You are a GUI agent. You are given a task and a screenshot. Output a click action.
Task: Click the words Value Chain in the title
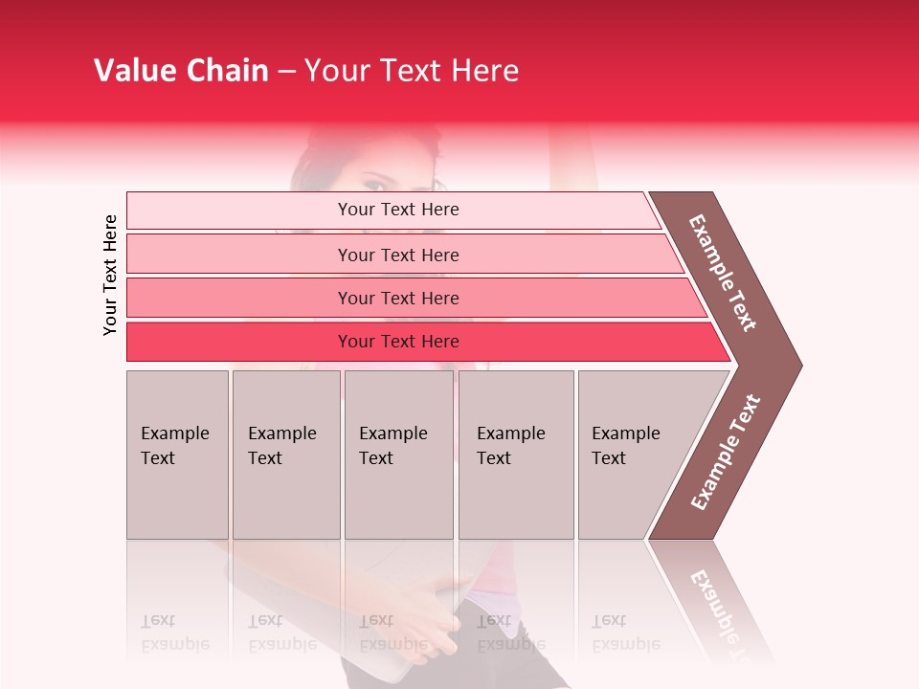click(x=181, y=71)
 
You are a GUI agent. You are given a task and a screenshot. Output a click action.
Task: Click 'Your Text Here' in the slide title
click(x=412, y=71)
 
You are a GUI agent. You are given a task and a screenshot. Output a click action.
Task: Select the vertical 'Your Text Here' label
click(x=110, y=275)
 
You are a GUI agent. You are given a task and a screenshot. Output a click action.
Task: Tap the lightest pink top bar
click(x=397, y=210)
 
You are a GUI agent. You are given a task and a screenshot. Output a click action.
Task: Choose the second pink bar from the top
click(x=397, y=255)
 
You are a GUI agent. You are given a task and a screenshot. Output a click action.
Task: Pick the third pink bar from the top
click(x=397, y=298)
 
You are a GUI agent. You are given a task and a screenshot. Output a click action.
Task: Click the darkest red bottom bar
click(x=397, y=342)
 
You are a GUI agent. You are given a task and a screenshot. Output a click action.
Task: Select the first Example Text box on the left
click(x=177, y=455)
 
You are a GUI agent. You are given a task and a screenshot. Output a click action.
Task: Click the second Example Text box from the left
click(x=285, y=455)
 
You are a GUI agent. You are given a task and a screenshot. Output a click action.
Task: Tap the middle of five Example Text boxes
click(x=398, y=455)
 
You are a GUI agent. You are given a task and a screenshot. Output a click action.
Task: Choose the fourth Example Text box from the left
click(x=515, y=455)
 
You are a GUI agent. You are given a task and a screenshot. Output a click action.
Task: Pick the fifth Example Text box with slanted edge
click(x=632, y=455)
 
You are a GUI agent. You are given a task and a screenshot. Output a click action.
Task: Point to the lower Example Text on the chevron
click(x=726, y=452)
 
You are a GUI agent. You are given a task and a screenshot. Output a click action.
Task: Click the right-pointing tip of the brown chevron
click(x=796, y=365)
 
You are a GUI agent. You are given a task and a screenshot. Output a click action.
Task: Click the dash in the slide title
click(x=286, y=72)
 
